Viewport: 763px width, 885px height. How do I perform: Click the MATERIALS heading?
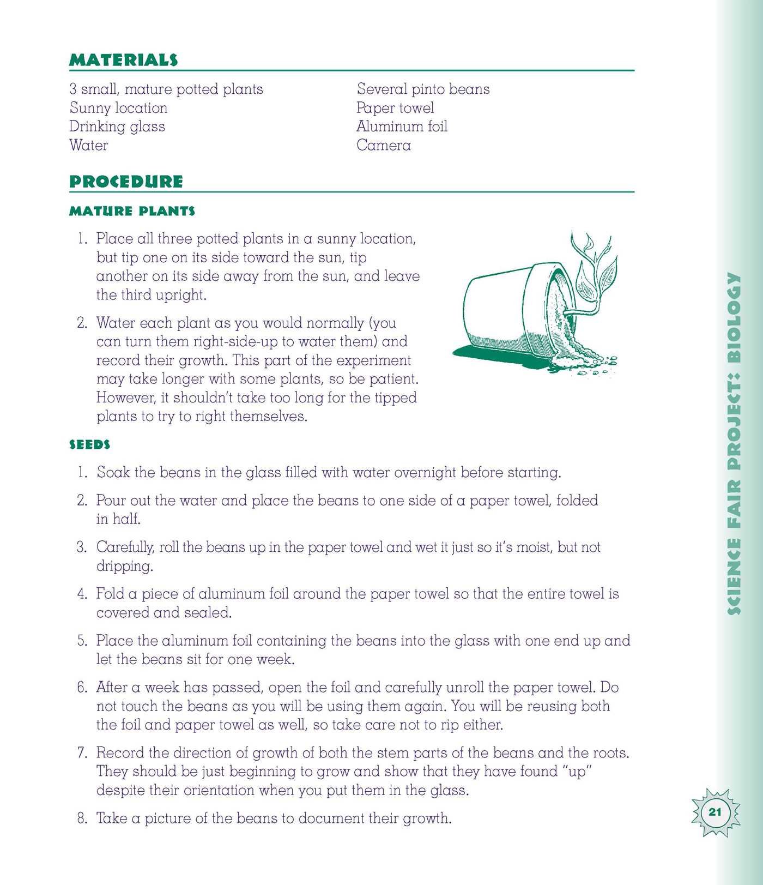[x=124, y=60]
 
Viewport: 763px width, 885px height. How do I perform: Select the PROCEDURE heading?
[x=126, y=182]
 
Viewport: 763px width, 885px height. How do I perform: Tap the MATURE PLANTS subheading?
[x=132, y=211]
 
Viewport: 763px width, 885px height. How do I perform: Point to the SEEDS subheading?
[x=89, y=445]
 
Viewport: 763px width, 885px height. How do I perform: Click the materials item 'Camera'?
[x=384, y=145]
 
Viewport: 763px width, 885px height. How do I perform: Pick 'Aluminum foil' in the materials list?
[x=402, y=127]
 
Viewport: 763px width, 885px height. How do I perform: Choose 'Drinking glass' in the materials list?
[x=117, y=127]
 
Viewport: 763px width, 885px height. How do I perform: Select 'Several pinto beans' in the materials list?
[x=423, y=89]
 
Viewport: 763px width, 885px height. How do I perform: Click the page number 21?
[x=715, y=812]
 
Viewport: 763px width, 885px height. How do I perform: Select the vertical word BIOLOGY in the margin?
[x=734, y=317]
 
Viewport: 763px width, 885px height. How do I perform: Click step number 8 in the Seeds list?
[x=82, y=818]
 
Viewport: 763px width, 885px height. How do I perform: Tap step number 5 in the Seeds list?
[x=82, y=641]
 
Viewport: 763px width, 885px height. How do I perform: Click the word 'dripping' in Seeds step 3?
[x=124, y=566]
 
